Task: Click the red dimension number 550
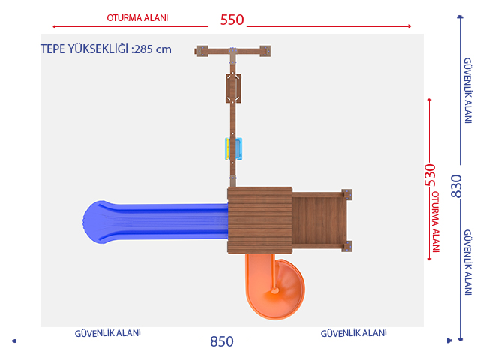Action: point(232,20)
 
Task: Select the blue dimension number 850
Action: point(222,341)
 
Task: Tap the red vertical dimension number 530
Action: point(430,175)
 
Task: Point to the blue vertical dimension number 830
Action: point(456,186)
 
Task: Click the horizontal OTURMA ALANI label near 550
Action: point(137,18)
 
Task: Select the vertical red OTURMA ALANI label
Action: point(435,222)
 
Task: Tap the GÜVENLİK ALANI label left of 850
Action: point(108,333)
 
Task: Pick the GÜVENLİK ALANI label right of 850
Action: point(353,333)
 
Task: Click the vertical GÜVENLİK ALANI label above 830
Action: point(467,91)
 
